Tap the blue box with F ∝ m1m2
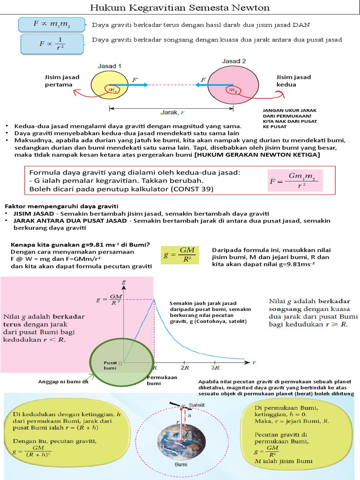(52, 24)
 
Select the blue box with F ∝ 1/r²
(53, 43)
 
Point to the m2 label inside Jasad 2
(232, 90)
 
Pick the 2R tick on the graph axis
(184, 369)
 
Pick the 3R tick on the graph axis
(216, 369)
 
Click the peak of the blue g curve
(153, 299)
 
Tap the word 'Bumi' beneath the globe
(181, 465)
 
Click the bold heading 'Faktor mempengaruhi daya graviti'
(62, 206)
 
